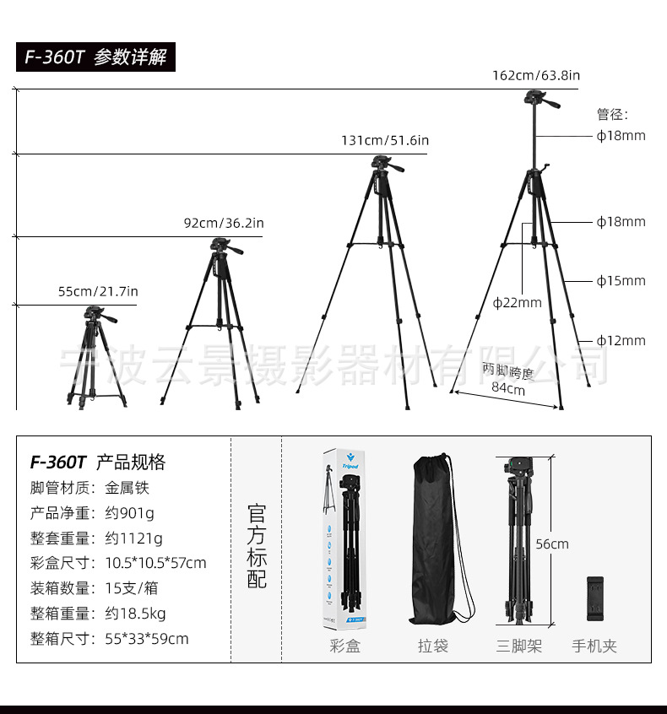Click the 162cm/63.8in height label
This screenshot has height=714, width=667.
(536, 75)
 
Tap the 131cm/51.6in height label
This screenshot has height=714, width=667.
(384, 140)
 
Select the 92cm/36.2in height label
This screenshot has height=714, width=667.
(224, 223)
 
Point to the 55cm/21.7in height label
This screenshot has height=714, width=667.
(98, 291)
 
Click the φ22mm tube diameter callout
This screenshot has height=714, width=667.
(518, 302)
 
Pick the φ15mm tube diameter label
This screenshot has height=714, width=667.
(621, 281)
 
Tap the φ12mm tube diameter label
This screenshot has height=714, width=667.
(621, 340)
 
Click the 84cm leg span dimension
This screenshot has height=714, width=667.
(508, 389)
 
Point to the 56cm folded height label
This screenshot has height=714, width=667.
(552, 544)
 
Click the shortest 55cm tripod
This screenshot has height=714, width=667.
(96, 359)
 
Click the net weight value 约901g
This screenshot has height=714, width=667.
(130, 512)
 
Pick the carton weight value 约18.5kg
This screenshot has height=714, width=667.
(135, 613)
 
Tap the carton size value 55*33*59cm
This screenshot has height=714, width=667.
(147, 638)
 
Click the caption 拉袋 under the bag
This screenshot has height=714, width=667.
(433, 646)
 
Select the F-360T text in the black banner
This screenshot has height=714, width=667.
(55, 57)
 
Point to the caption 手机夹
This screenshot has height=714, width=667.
(594, 646)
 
